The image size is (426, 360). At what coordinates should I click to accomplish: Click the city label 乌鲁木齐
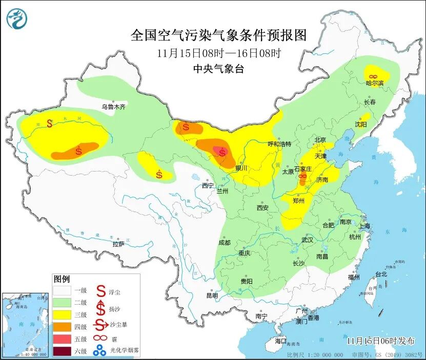(x=113, y=107)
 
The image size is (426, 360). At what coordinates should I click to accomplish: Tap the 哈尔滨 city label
(x=375, y=83)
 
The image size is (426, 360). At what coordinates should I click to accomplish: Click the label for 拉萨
(x=118, y=244)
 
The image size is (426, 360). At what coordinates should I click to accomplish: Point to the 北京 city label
(x=320, y=140)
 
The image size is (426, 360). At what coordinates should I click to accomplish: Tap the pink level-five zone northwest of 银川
(x=222, y=152)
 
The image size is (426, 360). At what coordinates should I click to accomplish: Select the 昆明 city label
(x=212, y=295)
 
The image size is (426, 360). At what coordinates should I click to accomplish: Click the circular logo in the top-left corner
(x=16, y=19)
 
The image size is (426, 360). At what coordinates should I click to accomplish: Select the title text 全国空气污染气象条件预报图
(x=218, y=35)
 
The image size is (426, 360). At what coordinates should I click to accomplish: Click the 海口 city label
(x=281, y=341)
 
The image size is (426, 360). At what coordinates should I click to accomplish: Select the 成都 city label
(x=224, y=242)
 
